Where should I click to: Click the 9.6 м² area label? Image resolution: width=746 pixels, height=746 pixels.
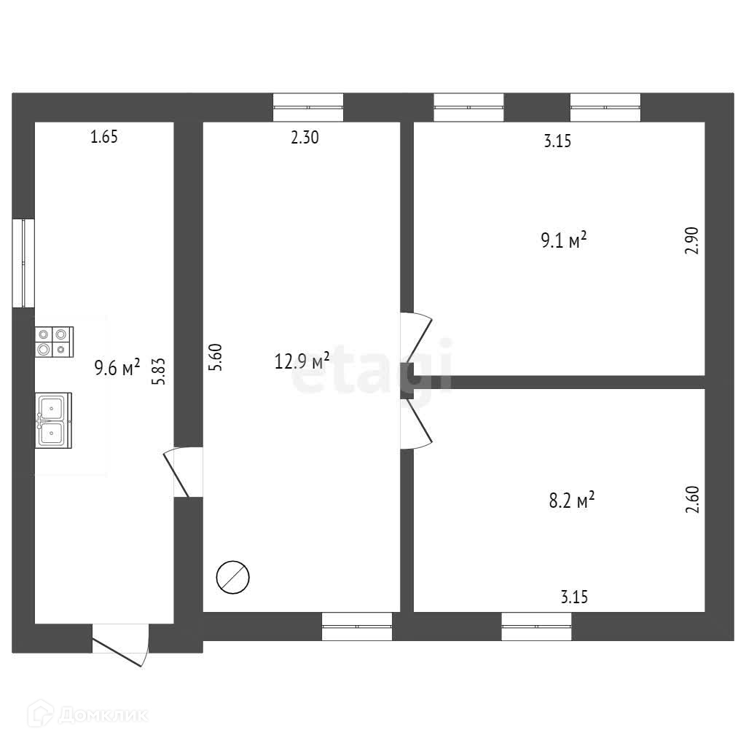pos(117,369)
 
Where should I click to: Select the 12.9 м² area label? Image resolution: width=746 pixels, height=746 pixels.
pos(302,361)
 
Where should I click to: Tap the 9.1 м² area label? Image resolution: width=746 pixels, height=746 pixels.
pos(563,240)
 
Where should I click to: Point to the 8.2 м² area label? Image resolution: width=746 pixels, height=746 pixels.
pos(571,500)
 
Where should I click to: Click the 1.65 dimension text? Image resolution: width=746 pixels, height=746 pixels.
pos(103,136)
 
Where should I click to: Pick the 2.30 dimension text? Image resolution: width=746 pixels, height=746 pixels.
pos(305,137)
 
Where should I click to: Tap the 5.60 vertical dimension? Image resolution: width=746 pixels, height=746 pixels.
pos(215,358)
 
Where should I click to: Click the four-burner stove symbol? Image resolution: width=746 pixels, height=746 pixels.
pos(54,341)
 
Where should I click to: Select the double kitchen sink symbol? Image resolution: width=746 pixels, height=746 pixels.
pos(53,420)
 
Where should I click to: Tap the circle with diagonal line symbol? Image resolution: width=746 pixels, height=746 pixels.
pos(233,577)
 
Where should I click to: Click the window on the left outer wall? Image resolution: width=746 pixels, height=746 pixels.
pos(23,262)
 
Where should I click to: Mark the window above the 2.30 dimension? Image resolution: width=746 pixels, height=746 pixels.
pos(307,107)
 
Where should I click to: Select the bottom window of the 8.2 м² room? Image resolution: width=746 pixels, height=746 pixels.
pos(536,626)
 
